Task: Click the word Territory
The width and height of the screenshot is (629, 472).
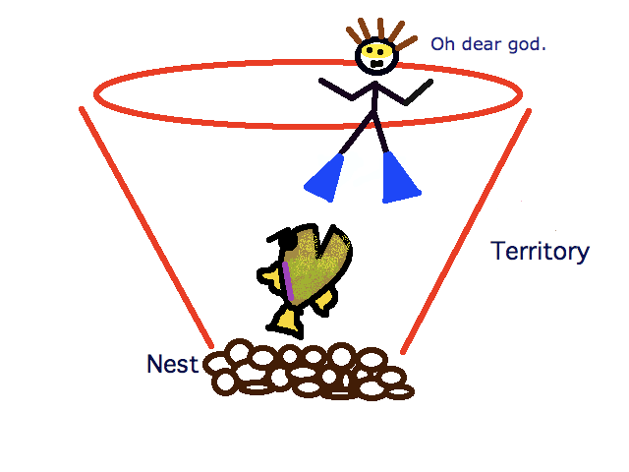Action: pos(540,252)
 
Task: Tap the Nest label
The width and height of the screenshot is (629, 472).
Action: pos(173,364)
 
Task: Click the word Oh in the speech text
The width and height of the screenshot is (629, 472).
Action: pos(443,43)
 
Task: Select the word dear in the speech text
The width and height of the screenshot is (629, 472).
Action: pos(483,43)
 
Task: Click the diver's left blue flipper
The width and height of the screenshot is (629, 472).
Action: pos(324,178)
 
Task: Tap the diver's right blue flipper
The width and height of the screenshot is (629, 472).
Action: pos(400,178)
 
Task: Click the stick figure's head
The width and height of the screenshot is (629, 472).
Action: pos(376,56)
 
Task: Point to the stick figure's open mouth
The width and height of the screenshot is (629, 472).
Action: pos(377,64)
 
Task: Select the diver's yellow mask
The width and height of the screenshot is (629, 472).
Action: pos(376,51)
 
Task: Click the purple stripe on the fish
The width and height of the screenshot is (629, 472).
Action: pos(288,281)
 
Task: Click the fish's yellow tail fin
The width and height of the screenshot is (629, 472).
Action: pos(286,323)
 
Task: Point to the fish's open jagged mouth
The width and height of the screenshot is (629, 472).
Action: pos(325,242)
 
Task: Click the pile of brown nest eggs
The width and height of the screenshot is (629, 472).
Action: pos(309,370)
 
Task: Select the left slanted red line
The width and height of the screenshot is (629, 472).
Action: pos(146,227)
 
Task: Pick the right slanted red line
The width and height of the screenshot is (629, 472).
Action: pos(466,231)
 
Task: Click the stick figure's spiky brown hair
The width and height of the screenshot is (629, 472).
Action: pos(380,33)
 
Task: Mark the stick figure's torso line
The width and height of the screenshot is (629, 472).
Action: pos(374,98)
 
